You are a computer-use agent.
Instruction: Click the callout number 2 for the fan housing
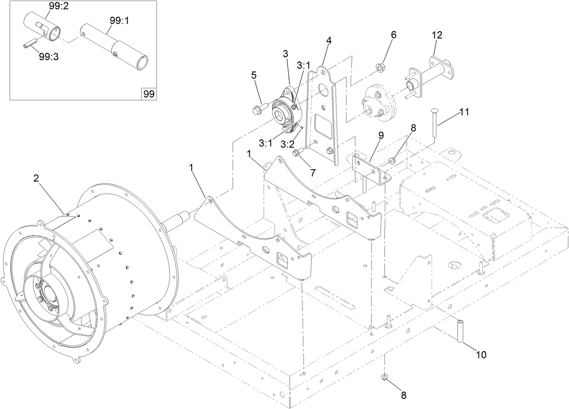pos(36,178)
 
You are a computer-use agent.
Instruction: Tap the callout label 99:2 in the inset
pos(58,6)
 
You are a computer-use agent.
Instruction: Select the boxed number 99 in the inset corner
pos(149,94)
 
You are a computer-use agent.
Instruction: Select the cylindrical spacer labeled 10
pos(461,332)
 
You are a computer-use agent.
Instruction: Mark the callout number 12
pos(437,35)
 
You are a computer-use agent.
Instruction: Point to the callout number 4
pos(329,40)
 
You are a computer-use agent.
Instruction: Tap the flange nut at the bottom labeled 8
pos(384,377)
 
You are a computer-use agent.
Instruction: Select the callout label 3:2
pos(288,144)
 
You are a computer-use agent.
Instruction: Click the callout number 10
pos(481,355)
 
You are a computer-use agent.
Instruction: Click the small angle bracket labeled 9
pos(370,167)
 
